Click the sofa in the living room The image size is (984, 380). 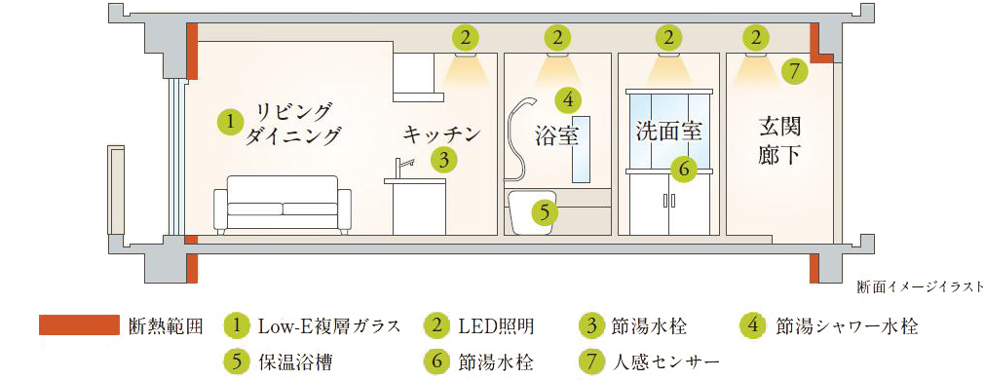coord(283,206)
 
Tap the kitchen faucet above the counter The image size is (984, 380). coord(403,168)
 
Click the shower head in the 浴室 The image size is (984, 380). coord(526,103)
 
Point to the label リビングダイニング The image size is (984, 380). coord(293,124)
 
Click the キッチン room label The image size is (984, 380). coord(441,133)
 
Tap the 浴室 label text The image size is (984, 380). coord(556,135)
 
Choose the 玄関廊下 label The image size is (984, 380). coord(778,142)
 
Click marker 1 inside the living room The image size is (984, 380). coord(231,123)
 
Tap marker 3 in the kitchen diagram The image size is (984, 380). coord(443,160)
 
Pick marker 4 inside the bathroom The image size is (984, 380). coord(568,98)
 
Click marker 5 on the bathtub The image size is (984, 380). coord(544,212)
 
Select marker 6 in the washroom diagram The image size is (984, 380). coord(684,168)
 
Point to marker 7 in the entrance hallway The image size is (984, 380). coord(794,72)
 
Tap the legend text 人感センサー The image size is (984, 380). coord(665,361)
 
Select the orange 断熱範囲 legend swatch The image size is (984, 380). coord(79,324)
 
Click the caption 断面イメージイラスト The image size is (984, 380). coord(920,287)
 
